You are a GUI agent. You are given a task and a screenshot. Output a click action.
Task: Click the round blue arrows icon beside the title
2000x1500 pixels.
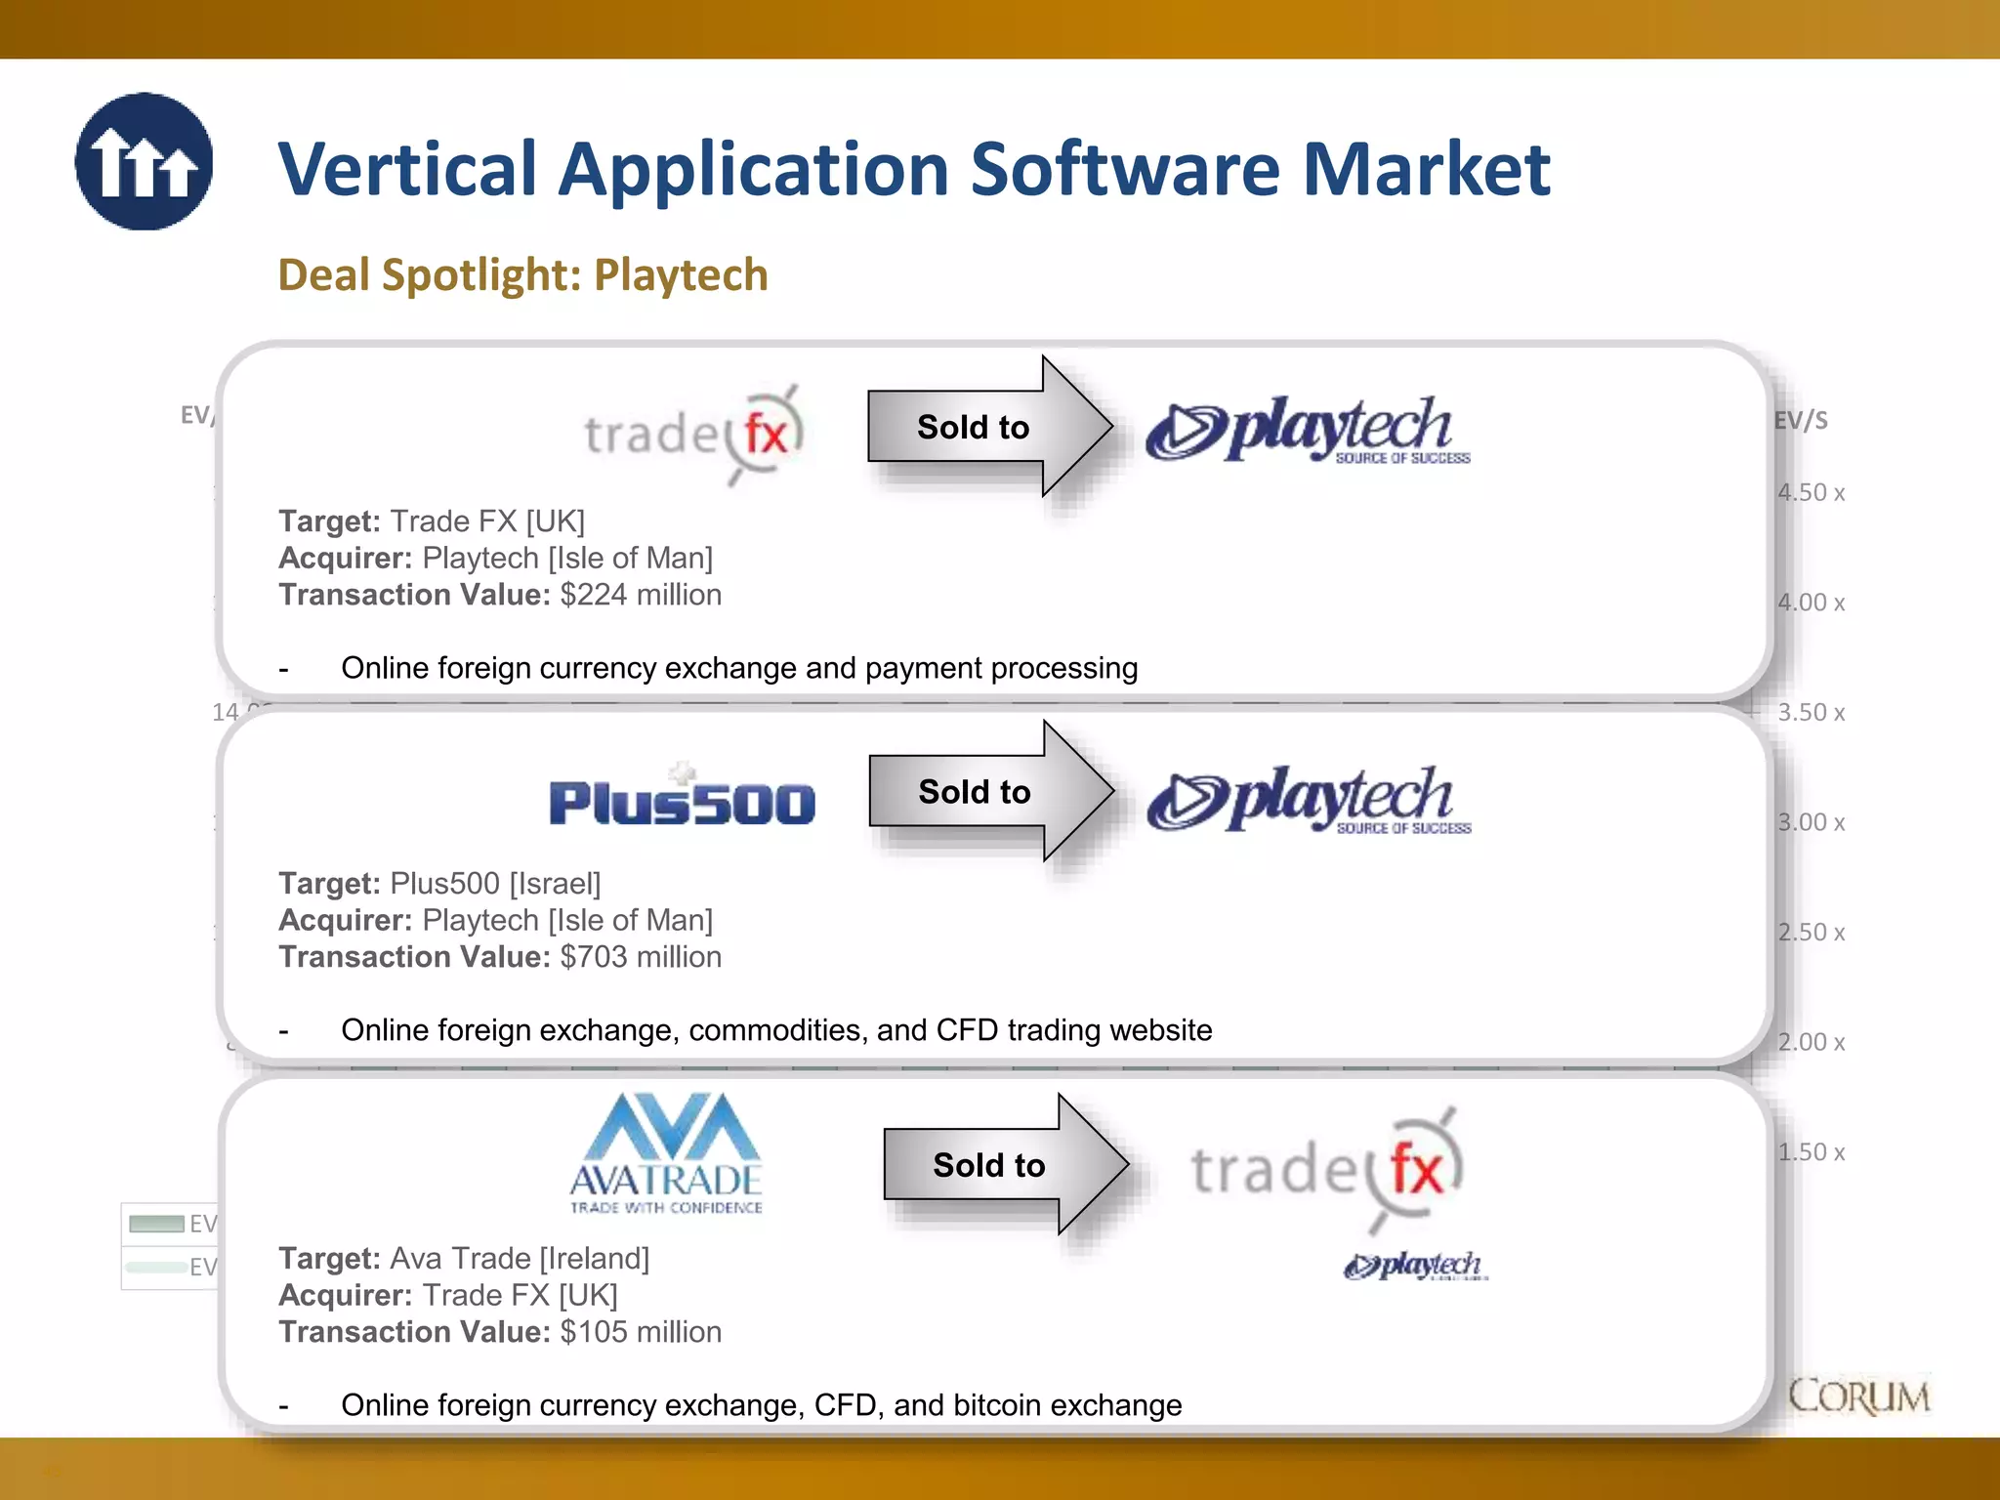click(x=144, y=162)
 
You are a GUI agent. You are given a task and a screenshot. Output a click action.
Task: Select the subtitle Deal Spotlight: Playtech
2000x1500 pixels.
click(x=522, y=274)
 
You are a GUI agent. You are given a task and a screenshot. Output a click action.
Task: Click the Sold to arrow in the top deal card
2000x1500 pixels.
click(x=986, y=427)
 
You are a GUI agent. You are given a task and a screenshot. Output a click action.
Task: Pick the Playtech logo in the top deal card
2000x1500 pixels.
click(x=1308, y=430)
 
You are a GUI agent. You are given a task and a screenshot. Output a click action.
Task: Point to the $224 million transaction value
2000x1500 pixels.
click(x=641, y=595)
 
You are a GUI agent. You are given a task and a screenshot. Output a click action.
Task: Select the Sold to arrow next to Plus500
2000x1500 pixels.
click(x=987, y=791)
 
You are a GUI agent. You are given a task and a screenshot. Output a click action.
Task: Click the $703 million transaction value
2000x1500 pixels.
click(x=641, y=957)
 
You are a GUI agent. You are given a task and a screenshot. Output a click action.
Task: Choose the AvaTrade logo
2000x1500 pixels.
click(x=666, y=1153)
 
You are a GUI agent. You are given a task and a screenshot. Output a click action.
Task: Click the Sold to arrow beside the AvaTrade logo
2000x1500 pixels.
click(x=1002, y=1164)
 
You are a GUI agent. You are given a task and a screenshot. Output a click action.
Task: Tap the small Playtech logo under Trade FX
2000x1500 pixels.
click(x=1415, y=1266)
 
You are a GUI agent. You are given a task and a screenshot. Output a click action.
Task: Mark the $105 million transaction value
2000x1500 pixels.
click(x=641, y=1332)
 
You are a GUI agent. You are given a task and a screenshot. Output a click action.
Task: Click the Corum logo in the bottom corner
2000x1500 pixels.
click(x=1858, y=1396)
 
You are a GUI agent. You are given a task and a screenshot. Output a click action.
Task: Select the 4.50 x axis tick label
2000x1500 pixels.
click(x=1812, y=492)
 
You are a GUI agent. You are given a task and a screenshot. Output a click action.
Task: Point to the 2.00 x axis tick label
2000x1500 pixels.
click(x=1812, y=1042)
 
